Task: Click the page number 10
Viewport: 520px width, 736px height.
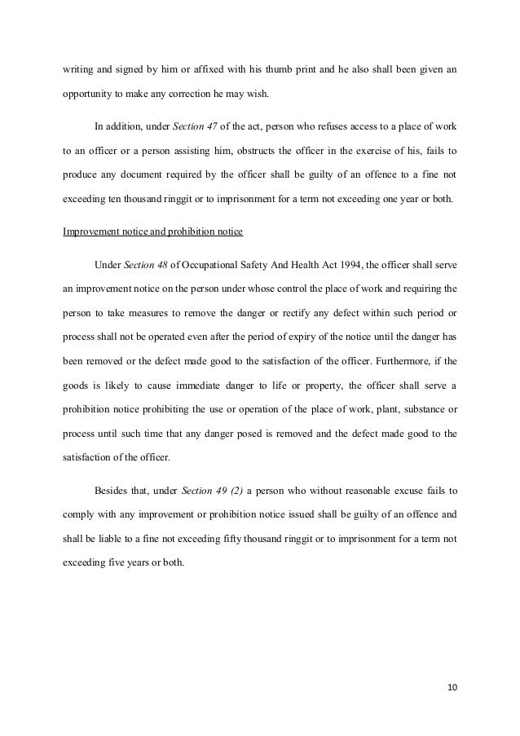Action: click(x=453, y=687)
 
